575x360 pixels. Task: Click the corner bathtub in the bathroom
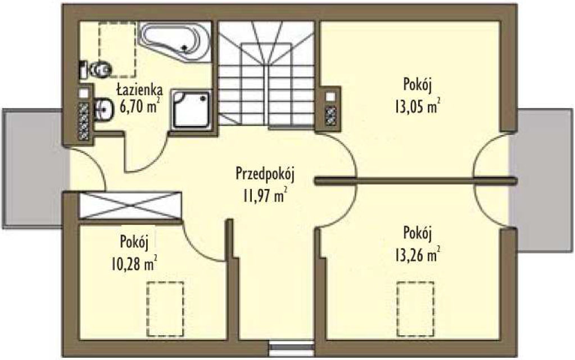click(x=175, y=42)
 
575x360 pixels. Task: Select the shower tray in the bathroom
click(x=191, y=109)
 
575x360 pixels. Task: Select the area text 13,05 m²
click(x=418, y=107)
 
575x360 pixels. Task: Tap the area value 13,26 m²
click(x=418, y=255)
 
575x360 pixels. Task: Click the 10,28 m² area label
click(x=134, y=263)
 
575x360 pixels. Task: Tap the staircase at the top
click(x=266, y=74)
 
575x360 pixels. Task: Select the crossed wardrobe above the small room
click(x=130, y=205)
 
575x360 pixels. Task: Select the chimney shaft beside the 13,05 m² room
click(x=330, y=109)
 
